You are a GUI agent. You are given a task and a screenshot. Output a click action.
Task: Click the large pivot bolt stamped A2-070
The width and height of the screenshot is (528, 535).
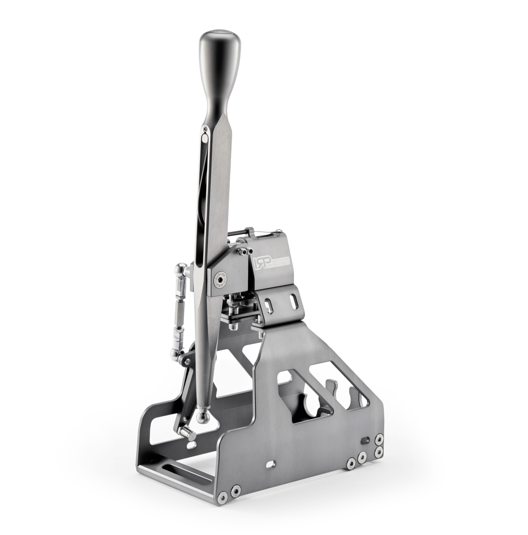[x=220, y=279]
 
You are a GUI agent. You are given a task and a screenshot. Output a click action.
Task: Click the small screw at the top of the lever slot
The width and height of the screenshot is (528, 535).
[x=204, y=128]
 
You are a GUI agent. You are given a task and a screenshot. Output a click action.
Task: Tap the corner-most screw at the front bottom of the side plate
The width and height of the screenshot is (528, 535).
[x=223, y=495]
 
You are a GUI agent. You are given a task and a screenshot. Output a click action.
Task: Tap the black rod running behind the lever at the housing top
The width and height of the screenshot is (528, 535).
[x=239, y=234]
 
